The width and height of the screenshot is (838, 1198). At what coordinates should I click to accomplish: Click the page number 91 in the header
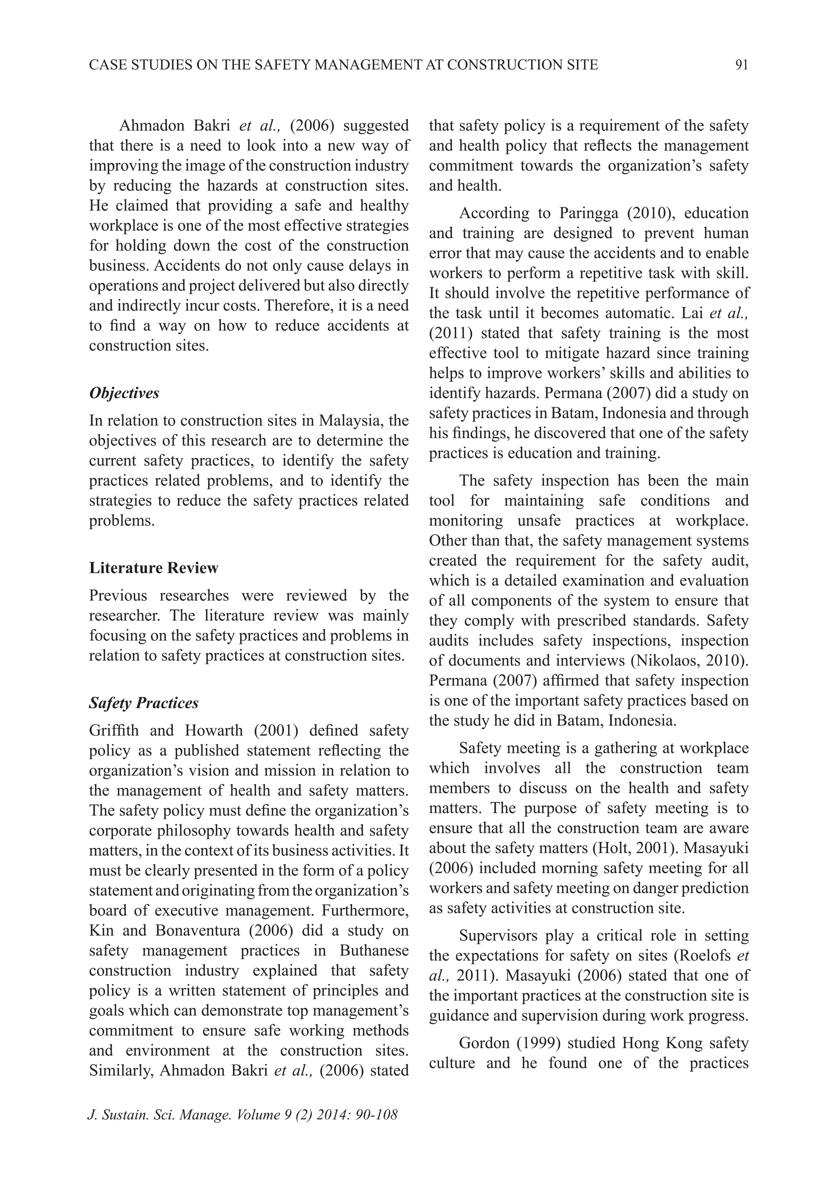tap(741, 65)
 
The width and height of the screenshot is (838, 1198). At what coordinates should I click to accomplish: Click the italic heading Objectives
tap(124, 393)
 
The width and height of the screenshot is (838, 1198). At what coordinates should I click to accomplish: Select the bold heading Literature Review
tap(153, 567)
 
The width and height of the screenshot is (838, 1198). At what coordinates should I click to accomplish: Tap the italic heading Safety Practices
tap(144, 703)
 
